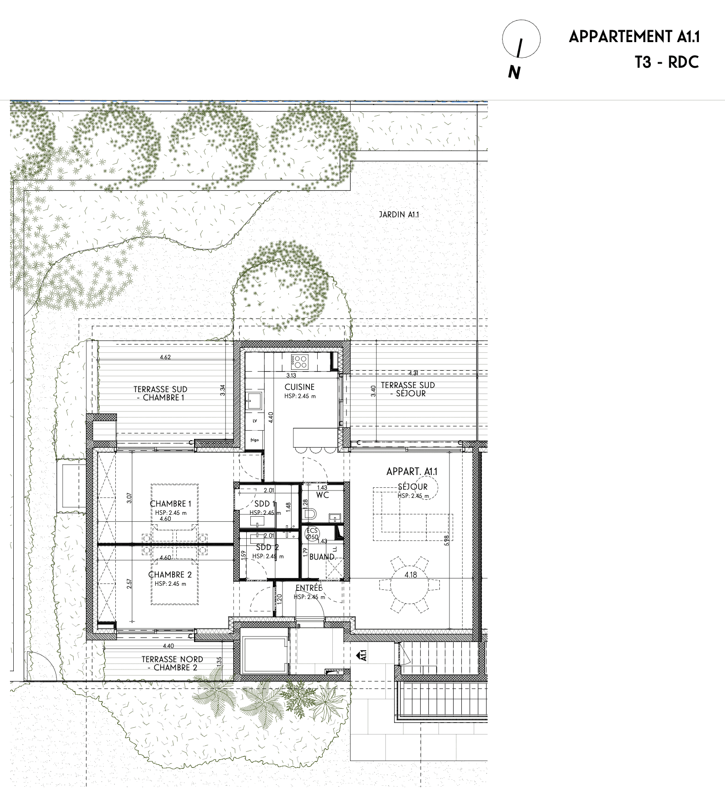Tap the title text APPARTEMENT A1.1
click(634, 37)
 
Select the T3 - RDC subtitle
click(667, 62)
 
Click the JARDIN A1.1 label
click(399, 214)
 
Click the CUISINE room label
click(299, 387)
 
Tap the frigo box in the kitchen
click(254, 440)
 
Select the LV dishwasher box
click(254, 421)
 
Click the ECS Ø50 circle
click(312, 534)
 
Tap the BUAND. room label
click(322, 557)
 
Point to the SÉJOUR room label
click(413, 487)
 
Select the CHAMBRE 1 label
click(171, 504)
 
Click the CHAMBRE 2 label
click(170, 575)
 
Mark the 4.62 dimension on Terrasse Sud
click(165, 357)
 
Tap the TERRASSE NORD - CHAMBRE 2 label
click(172, 664)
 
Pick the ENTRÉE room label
click(309, 588)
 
